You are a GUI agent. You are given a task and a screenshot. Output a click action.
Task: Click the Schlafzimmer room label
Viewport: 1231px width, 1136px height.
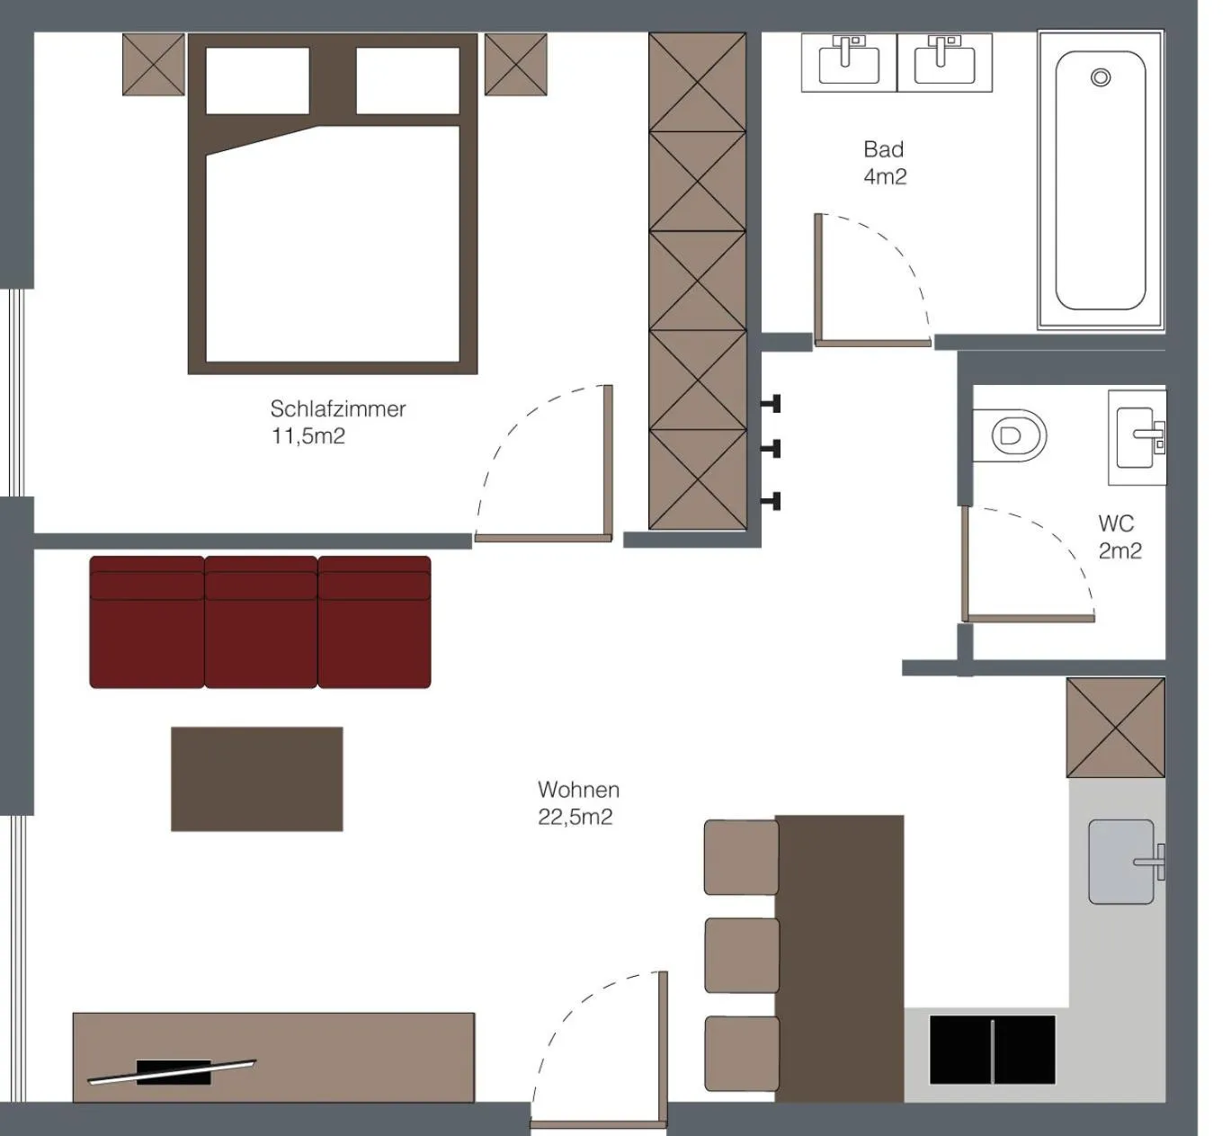click(x=337, y=409)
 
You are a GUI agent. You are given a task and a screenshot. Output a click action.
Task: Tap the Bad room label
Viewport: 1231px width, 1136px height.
click(x=883, y=149)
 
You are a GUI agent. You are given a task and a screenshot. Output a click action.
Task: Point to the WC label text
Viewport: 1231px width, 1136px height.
click(x=1116, y=523)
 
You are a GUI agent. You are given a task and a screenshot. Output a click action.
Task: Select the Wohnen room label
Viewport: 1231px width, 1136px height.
click(x=578, y=790)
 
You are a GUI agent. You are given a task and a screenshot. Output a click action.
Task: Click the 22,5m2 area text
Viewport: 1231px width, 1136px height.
click(x=575, y=818)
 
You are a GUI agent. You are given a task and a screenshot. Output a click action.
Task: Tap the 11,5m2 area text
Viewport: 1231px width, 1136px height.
click(x=308, y=437)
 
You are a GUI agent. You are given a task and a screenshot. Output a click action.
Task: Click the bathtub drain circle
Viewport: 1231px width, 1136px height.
click(x=1100, y=77)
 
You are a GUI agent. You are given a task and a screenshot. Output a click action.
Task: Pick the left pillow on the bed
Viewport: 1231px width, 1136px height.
click(x=257, y=81)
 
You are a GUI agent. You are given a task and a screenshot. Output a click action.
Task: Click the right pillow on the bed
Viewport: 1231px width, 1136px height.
click(x=407, y=81)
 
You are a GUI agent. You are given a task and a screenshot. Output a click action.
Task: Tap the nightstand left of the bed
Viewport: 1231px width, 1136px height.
click(x=154, y=65)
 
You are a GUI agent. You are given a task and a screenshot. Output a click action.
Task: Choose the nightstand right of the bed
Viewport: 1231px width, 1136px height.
click(x=515, y=65)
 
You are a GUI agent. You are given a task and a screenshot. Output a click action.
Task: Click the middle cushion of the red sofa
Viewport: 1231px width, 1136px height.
click(x=261, y=622)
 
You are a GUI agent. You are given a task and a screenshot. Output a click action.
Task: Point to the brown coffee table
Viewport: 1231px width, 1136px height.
click(x=256, y=779)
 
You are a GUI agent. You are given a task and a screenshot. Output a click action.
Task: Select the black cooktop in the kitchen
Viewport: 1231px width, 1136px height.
click(x=992, y=1050)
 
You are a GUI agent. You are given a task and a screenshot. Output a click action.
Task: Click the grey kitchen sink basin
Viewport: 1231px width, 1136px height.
click(x=1120, y=862)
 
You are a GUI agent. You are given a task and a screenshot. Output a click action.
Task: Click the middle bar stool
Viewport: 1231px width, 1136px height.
click(x=741, y=955)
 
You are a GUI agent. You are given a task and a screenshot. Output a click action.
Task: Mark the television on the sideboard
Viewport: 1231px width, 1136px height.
click(x=173, y=1071)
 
